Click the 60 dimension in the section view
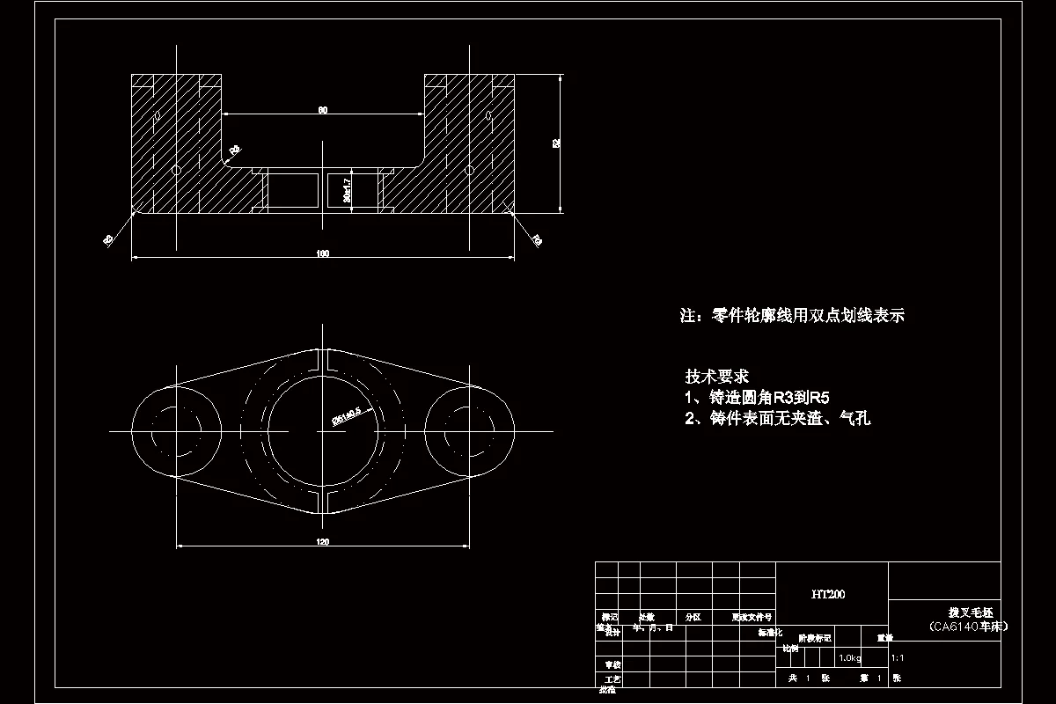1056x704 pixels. [323, 110]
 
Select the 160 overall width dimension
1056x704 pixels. [323, 254]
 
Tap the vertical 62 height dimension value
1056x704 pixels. [556, 143]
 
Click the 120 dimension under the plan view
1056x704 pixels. [323, 542]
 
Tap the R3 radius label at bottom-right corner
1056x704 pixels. [537, 239]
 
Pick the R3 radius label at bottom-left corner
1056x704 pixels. [108, 239]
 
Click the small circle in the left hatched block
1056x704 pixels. [176, 169]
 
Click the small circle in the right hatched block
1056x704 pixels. [470, 169]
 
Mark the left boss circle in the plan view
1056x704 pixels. [176, 431]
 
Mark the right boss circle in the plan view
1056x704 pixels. [469, 431]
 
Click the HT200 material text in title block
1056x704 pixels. [828, 595]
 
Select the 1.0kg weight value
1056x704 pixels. [849, 657]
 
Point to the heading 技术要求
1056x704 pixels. [717, 376]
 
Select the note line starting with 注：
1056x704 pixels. [792, 315]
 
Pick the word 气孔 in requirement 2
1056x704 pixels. [854, 419]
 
